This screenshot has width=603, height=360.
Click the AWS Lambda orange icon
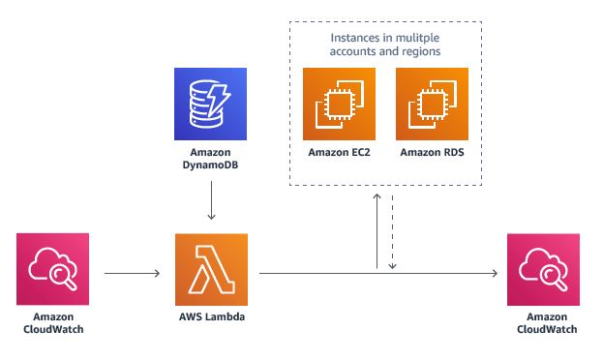(211, 271)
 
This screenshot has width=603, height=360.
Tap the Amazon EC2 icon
(339, 104)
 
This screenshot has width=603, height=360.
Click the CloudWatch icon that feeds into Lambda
(54, 272)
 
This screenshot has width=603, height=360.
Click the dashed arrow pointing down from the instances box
(393, 233)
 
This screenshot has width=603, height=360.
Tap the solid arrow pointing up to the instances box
(377, 233)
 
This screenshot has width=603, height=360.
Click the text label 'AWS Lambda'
(211, 317)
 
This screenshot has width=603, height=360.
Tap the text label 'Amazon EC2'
(339, 153)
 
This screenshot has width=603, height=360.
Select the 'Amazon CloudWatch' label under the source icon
(54, 323)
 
